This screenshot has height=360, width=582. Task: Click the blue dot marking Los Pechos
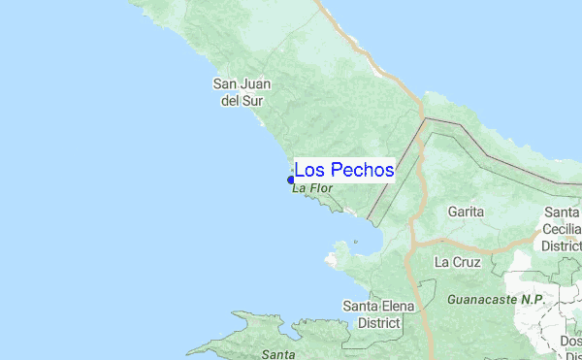coord(291,180)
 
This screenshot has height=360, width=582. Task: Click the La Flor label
coord(312,188)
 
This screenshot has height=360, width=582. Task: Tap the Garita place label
coord(466,211)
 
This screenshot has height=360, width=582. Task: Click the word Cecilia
coord(562,229)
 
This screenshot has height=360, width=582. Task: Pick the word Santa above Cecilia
coord(562,213)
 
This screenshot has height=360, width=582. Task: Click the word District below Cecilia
coord(562,245)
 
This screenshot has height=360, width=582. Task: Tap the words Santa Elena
coord(379,307)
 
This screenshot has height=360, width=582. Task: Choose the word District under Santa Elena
coord(379,322)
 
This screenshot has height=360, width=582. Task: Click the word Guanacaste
coord(482,301)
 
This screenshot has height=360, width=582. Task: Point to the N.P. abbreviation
coord(532,301)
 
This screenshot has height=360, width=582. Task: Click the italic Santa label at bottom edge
coord(278,354)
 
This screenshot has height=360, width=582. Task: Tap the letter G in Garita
coord(452,211)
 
